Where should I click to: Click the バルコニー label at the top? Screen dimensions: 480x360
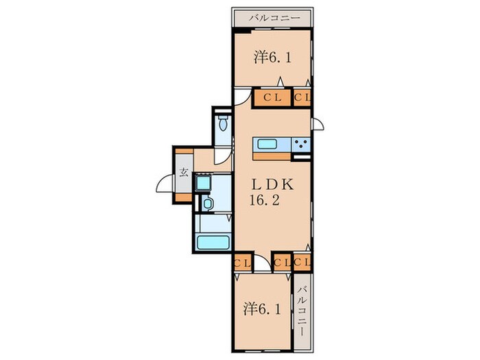274,18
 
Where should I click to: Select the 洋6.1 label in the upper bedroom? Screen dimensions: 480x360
272,57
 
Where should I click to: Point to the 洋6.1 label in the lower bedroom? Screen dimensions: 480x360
262,309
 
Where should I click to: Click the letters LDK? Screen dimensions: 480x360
272,184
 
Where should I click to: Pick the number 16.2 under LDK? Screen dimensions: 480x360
265,200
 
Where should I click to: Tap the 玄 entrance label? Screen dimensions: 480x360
183,173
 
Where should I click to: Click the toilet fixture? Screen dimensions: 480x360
224,123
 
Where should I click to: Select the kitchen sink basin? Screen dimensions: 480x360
267,144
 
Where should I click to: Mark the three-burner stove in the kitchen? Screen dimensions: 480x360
301,143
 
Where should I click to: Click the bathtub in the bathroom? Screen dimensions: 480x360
213,242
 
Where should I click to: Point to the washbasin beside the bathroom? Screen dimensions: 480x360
208,204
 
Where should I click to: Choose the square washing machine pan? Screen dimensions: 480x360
203,183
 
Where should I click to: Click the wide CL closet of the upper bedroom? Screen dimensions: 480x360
272,97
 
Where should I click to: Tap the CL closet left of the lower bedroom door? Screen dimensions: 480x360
243,263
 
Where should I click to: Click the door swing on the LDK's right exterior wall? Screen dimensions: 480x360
318,123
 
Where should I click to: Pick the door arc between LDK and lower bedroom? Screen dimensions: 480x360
263,263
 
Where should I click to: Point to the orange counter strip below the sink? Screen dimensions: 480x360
272,156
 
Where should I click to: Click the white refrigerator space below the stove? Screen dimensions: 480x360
301,158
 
